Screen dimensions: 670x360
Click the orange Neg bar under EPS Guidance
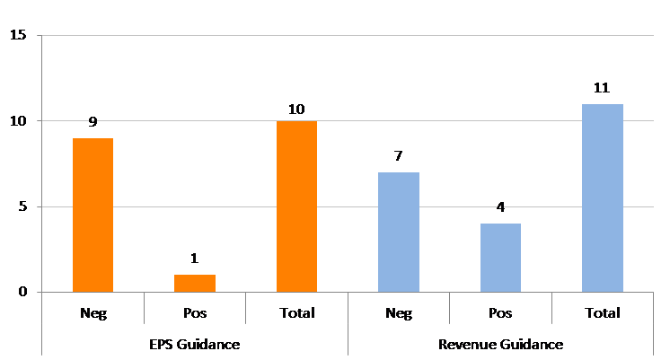click(x=93, y=215)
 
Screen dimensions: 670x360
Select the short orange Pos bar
click(x=195, y=284)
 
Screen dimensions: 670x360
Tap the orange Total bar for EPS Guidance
click(x=297, y=206)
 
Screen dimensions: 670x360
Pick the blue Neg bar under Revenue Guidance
click(x=399, y=233)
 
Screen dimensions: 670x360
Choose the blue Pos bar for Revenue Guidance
click(x=500, y=258)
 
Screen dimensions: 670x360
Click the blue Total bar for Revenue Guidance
click(x=603, y=198)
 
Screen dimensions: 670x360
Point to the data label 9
click(x=93, y=122)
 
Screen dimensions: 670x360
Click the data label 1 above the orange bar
click(x=194, y=259)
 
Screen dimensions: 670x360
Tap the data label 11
click(x=602, y=88)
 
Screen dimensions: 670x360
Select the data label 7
click(x=398, y=156)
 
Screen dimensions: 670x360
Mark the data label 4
click(x=500, y=207)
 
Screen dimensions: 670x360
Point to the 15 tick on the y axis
click(x=18, y=35)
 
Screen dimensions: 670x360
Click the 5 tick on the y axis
click(x=22, y=206)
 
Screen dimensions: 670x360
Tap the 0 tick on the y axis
click(x=22, y=292)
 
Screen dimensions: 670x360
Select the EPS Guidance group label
click(x=194, y=344)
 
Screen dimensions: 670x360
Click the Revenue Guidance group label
click(x=501, y=344)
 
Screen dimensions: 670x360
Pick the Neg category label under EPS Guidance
click(x=93, y=313)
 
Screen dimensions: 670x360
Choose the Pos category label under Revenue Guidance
click(x=500, y=313)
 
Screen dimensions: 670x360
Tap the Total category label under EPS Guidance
click(x=297, y=313)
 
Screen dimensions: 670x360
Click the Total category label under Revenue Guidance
click(x=603, y=313)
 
